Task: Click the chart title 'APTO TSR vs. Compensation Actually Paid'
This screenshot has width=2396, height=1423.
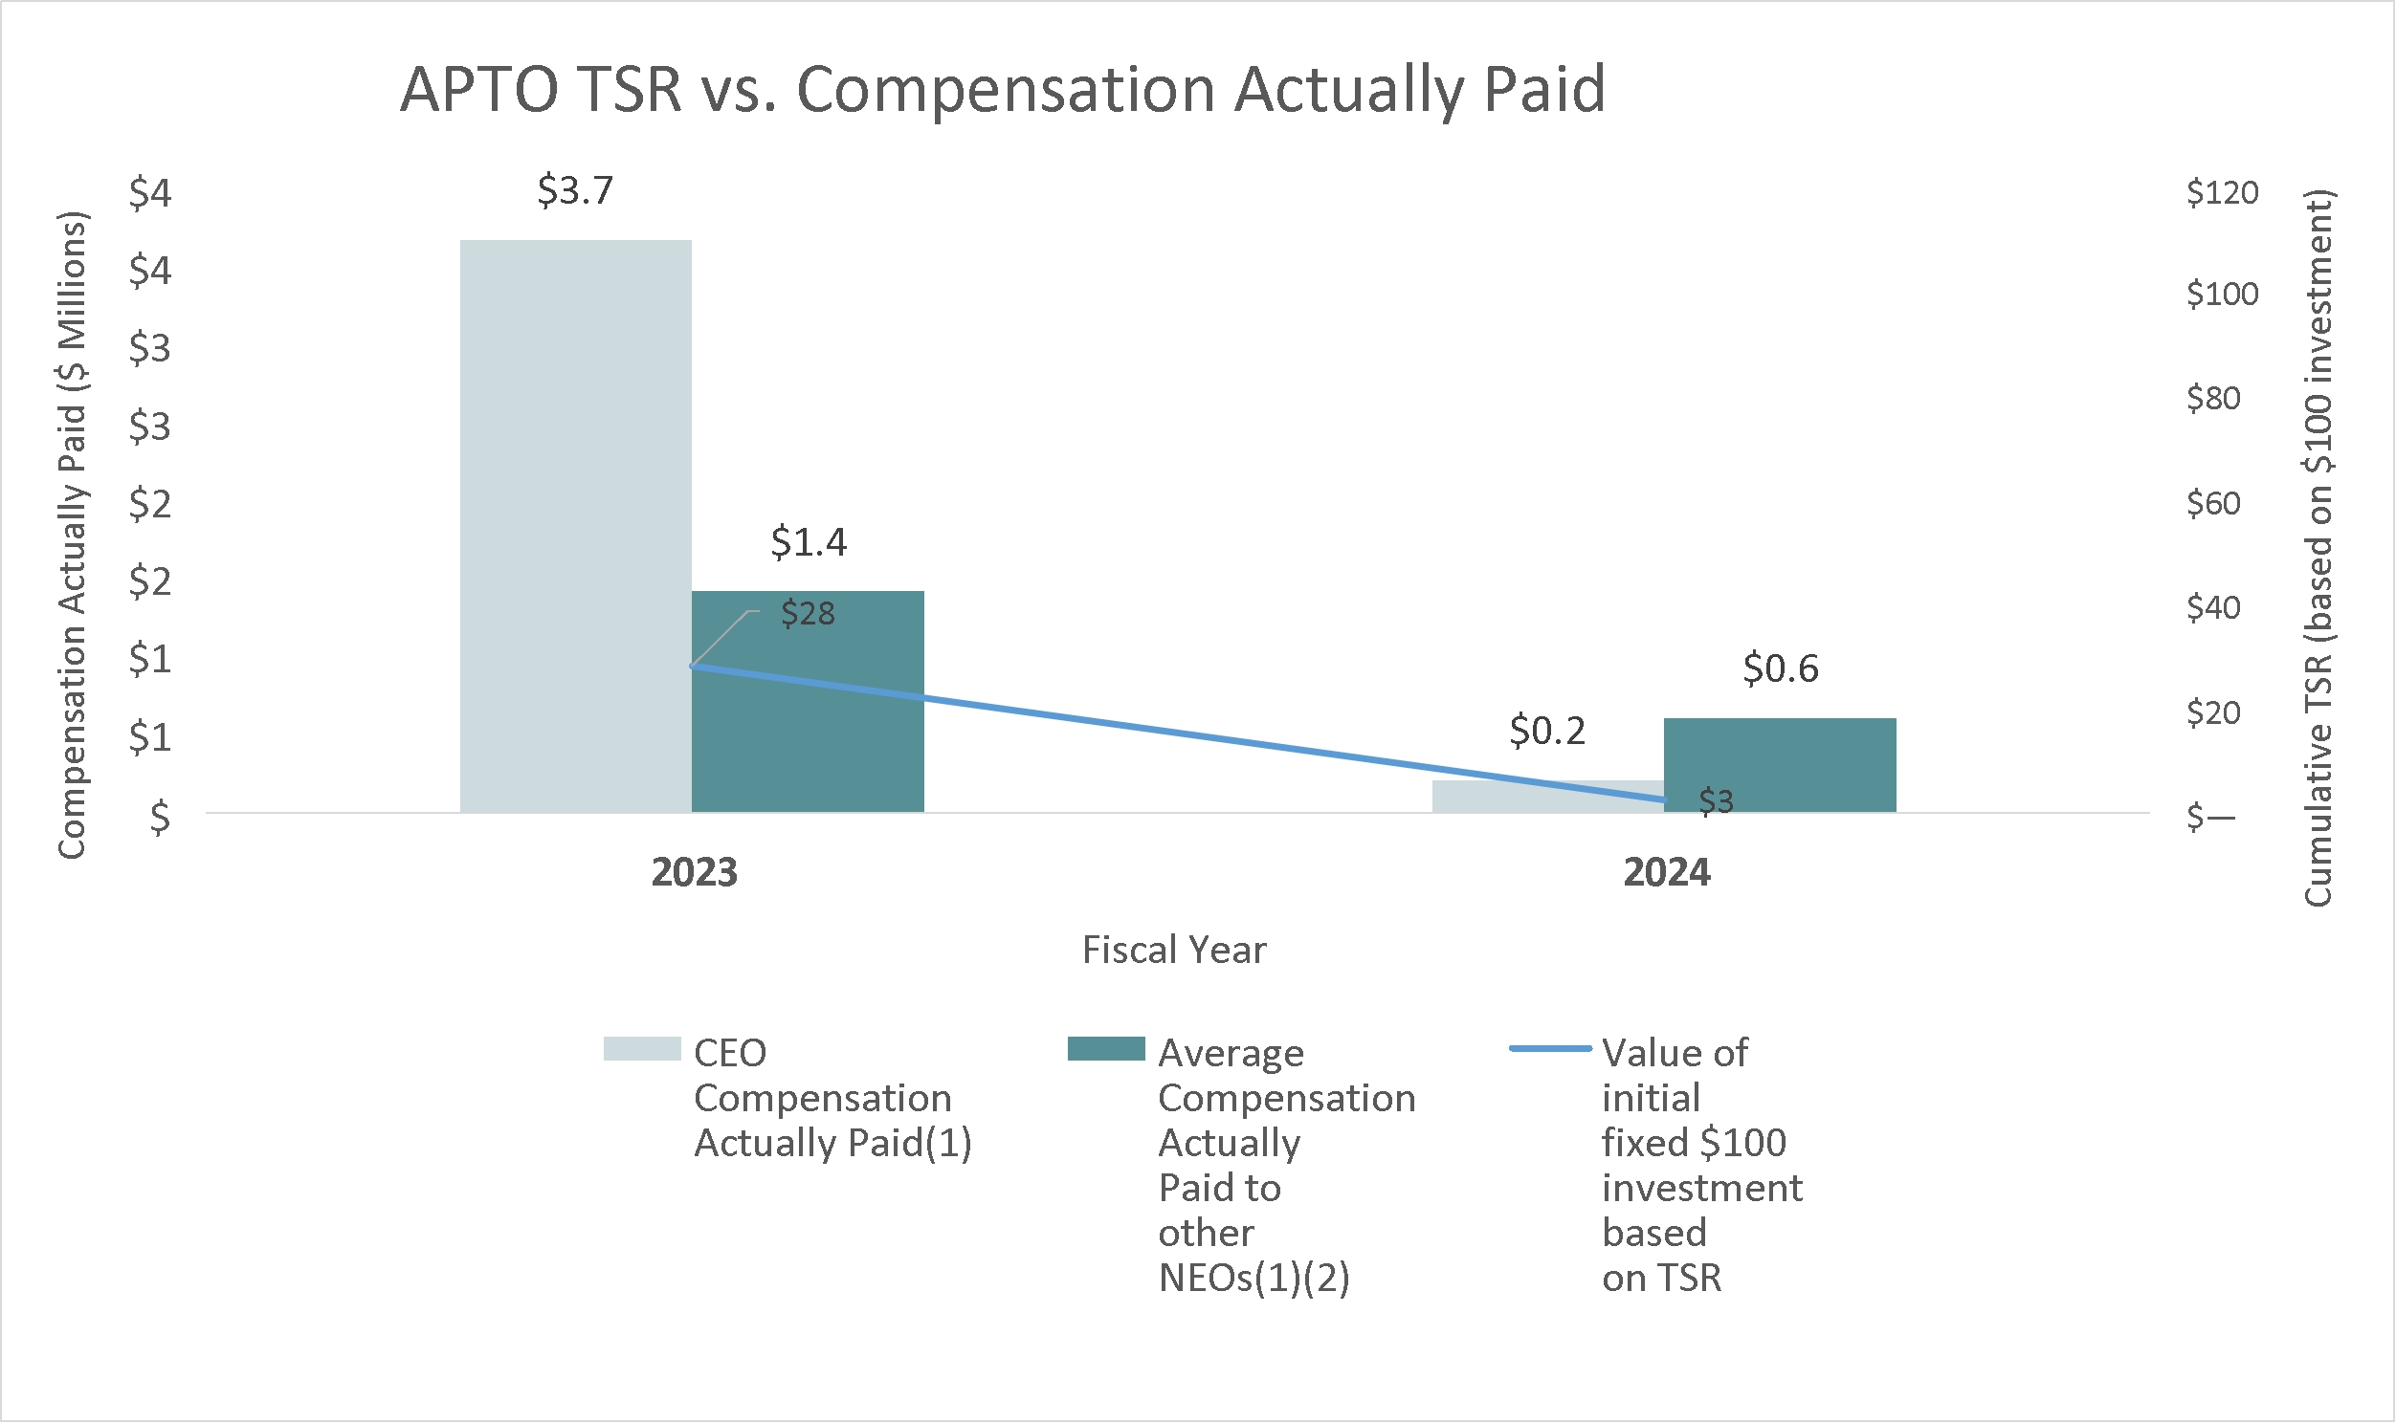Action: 1003,89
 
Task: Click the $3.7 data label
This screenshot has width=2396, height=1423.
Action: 574,191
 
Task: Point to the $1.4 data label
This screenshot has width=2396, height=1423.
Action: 809,543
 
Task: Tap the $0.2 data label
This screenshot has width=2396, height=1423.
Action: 1547,731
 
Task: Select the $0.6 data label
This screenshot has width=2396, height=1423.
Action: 1780,668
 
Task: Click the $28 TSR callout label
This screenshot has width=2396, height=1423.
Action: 808,614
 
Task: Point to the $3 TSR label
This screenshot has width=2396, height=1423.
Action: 1716,800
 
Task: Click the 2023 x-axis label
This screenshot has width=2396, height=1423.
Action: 694,872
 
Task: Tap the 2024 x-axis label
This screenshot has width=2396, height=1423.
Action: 1666,872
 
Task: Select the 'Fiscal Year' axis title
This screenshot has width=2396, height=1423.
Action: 1174,951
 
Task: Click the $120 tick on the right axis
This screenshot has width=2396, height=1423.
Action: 2222,193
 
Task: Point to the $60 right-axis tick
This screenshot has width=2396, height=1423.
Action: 2213,502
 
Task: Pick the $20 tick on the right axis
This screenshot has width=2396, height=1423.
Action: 2213,712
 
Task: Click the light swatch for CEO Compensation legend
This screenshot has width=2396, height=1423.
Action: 642,1049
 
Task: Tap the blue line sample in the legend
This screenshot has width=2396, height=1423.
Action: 1550,1049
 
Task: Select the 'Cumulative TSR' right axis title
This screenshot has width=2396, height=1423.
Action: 2318,547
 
